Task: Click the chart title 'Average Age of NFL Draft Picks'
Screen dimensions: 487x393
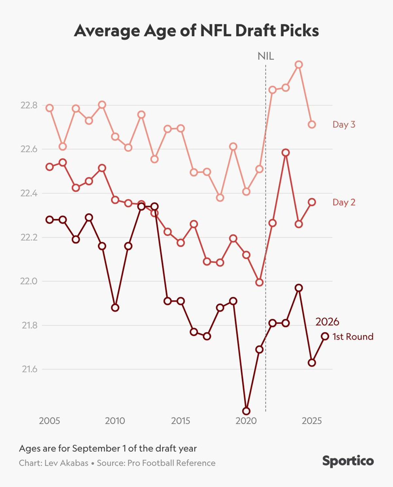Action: point(196,31)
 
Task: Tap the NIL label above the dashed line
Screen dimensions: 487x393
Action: point(266,56)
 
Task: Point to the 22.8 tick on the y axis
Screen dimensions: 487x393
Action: point(29,105)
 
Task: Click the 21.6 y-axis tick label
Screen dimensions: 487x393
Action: point(29,369)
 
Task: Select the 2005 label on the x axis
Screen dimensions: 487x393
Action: point(49,421)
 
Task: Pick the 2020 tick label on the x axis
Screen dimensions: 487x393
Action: point(246,421)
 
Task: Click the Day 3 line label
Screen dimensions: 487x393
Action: point(344,124)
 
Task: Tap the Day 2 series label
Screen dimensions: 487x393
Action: point(344,202)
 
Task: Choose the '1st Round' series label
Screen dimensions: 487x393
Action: point(353,337)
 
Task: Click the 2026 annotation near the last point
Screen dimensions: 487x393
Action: point(327,322)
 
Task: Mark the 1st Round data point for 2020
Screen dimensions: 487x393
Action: point(246,411)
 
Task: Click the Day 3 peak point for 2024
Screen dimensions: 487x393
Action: point(298,65)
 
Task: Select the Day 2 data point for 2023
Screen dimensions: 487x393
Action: point(286,153)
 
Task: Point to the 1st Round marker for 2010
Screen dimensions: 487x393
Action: point(115,308)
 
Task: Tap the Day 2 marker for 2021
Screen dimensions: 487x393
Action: point(259,282)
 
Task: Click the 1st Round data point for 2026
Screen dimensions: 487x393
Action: point(325,336)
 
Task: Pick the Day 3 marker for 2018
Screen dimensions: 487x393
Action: point(220,197)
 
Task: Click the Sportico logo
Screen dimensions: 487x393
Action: point(348,461)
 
